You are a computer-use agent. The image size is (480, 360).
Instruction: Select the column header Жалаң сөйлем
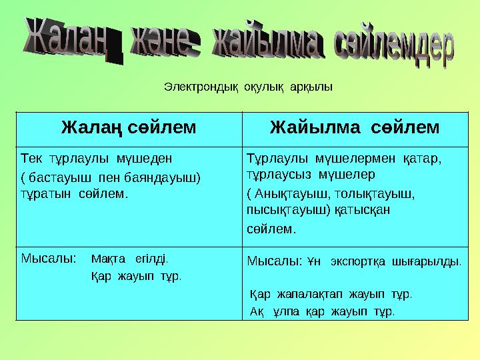129,127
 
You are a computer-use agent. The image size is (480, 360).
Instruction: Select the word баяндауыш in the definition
170,179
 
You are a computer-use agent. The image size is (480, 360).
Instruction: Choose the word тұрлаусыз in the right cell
277,175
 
